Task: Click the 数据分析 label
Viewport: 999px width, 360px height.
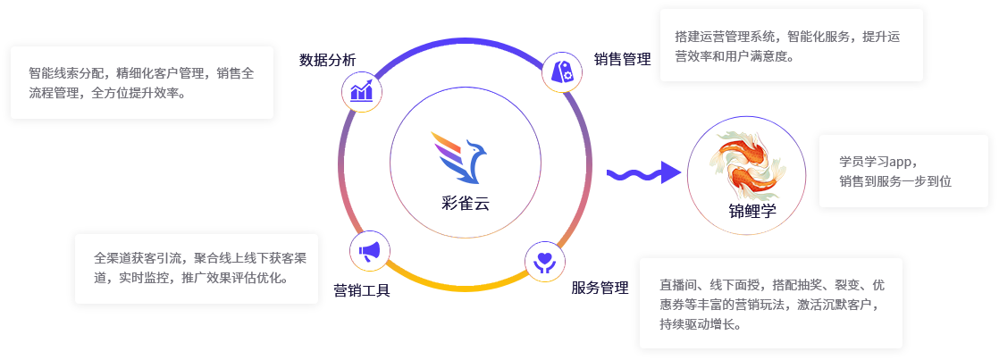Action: (x=327, y=61)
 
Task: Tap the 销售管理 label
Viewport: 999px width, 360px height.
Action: (x=623, y=60)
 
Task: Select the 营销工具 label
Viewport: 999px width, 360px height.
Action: (x=362, y=290)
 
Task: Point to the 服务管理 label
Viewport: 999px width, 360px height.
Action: (x=600, y=288)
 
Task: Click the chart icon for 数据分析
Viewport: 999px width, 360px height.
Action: (x=362, y=91)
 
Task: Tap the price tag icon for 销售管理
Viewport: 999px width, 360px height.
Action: (x=563, y=71)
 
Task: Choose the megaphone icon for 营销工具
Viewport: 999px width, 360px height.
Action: (x=370, y=251)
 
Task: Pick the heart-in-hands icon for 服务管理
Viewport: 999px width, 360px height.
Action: (x=543, y=262)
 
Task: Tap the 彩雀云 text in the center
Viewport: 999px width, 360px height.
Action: (x=466, y=203)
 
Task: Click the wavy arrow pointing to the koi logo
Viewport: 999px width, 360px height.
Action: (x=640, y=172)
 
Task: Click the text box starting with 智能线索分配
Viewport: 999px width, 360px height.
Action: (x=141, y=82)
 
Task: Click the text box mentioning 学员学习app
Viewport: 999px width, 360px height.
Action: (x=903, y=171)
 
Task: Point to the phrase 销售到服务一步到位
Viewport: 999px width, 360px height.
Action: (x=894, y=181)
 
